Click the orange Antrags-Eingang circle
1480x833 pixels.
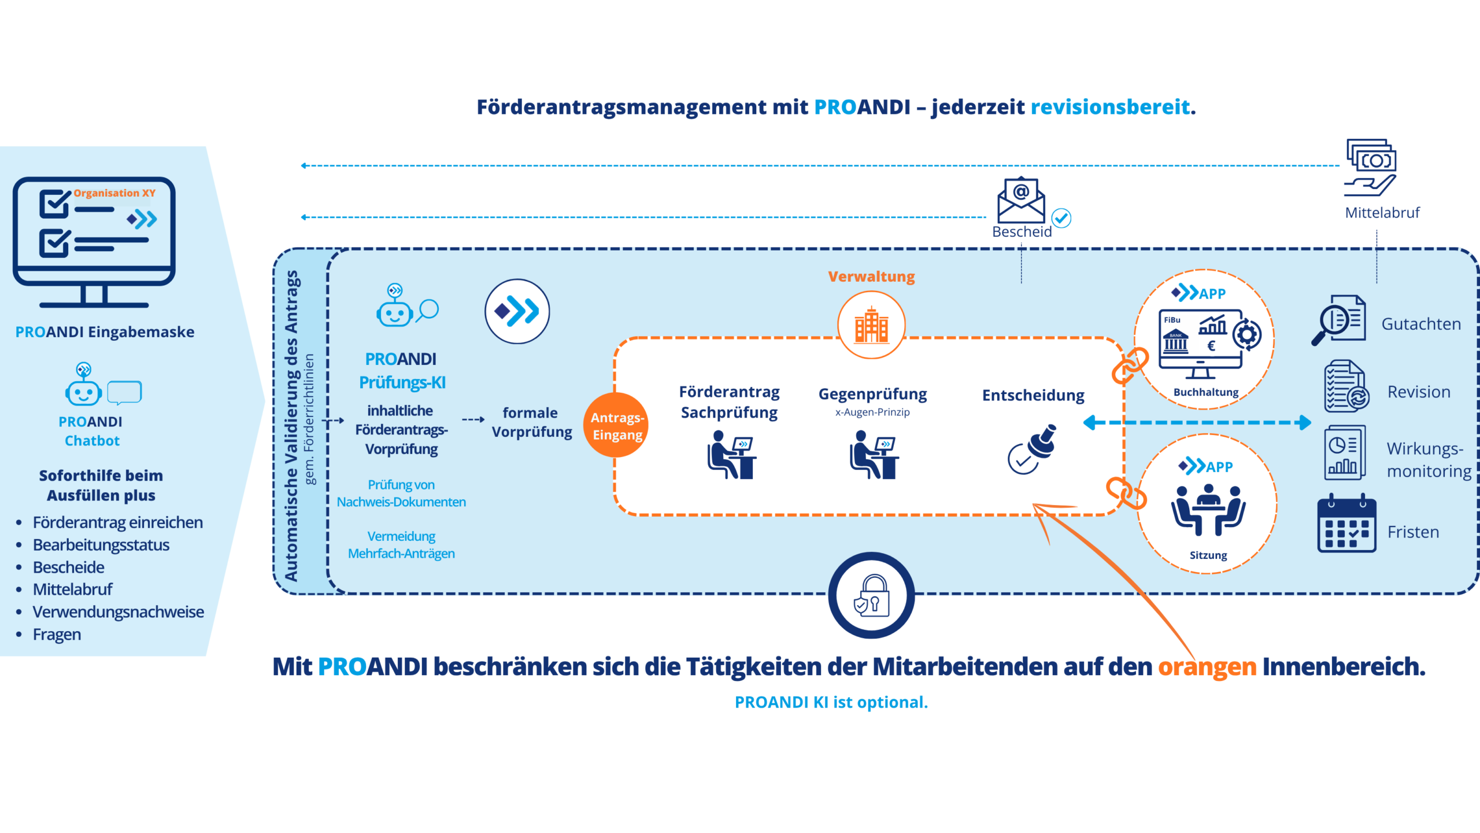(616, 425)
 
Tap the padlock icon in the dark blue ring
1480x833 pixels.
(872, 595)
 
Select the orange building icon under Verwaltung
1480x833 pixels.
(871, 325)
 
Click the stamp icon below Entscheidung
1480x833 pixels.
(1033, 449)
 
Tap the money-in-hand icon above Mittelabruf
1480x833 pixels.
(1371, 168)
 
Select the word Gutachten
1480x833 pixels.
(1421, 324)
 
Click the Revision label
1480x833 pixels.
(1419, 392)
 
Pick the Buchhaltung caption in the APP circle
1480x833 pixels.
(1206, 392)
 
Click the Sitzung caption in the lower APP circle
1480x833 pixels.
(1208, 555)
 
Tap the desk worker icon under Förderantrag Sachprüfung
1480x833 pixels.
(731, 455)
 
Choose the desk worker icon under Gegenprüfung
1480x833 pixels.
(874, 455)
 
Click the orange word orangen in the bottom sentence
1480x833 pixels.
(1207, 668)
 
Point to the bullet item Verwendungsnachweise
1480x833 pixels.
(118, 611)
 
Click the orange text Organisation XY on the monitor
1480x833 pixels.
(114, 193)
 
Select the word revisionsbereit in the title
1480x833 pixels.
(1110, 107)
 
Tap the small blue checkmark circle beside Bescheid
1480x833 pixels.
(1061, 218)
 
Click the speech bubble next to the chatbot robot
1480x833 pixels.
(124, 393)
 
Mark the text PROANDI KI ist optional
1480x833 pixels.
(831, 702)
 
